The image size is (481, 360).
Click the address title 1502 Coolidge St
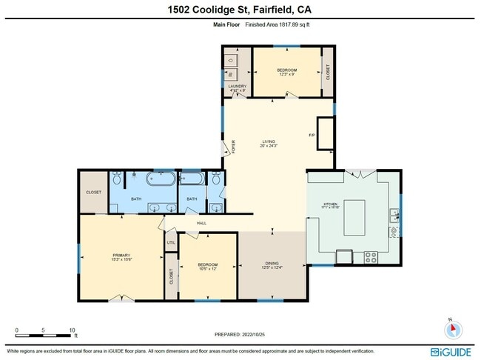(x=240, y=10)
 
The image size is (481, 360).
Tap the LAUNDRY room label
(x=237, y=87)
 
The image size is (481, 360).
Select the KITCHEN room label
(x=329, y=205)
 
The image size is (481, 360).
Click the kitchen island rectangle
(x=354, y=216)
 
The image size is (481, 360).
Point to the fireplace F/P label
(x=312, y=136)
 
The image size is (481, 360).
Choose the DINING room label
(x=272, y=264)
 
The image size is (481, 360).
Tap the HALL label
(x=201, y=223)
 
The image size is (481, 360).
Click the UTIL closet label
(x=171, y=242)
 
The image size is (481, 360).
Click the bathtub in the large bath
(x=161, y=179)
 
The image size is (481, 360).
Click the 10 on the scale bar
(x=73, y=329)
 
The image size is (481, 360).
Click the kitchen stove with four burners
(x=369, y=257)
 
